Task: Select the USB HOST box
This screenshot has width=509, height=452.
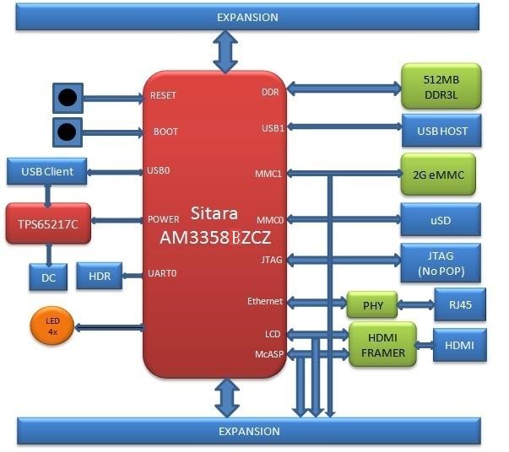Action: click(x=442, y=131)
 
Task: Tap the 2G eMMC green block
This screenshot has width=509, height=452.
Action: click(x=437, y=175)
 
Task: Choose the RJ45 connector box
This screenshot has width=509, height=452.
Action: click(x=459, y=304)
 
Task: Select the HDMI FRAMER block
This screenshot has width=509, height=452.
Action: click(x=383, y=344)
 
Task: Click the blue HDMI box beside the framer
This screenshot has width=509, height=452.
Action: click(x=459, y=345)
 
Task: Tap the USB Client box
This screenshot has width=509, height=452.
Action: click(x=46, y=171)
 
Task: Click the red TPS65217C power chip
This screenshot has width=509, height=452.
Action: click(x=48, y=224)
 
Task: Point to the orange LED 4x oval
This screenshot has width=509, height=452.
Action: click(x=51, y=326)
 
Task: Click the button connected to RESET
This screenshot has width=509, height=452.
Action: click(x=68, y=97)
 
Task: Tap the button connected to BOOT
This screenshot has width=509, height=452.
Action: click(x=68, y=132)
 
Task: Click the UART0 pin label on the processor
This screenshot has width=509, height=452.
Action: click(x=163, y=273)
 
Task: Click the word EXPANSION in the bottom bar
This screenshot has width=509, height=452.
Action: click(x=248, y=432)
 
